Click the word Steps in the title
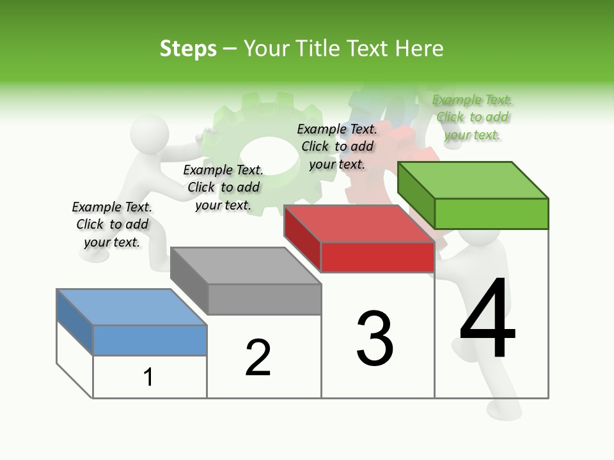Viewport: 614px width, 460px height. click(x=188, y=49)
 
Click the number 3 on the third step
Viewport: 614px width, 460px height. click(x=375, y=339)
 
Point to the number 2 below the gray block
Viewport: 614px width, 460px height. click(x=258, y=357)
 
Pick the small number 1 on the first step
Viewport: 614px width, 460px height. click(x=148, y=377)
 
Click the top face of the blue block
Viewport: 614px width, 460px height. click(x=132, y=307)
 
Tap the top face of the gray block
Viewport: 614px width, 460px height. click(x=246, y=265)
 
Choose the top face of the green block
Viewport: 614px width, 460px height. click(x=473, y=180)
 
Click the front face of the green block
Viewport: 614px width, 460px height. click(x=491, y=213)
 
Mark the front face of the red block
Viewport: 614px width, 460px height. click(x=377, y=257)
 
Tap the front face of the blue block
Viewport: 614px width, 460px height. click(x=150, y=340)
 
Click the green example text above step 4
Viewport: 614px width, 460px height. click(x=473, y=118)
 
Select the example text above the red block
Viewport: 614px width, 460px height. click(x=337, y=146)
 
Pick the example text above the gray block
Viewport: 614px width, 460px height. click(x=223, y=187)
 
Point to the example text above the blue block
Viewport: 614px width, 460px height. click(x=112, y=224)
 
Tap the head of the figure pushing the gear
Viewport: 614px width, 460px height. click(x=150, y=133)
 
